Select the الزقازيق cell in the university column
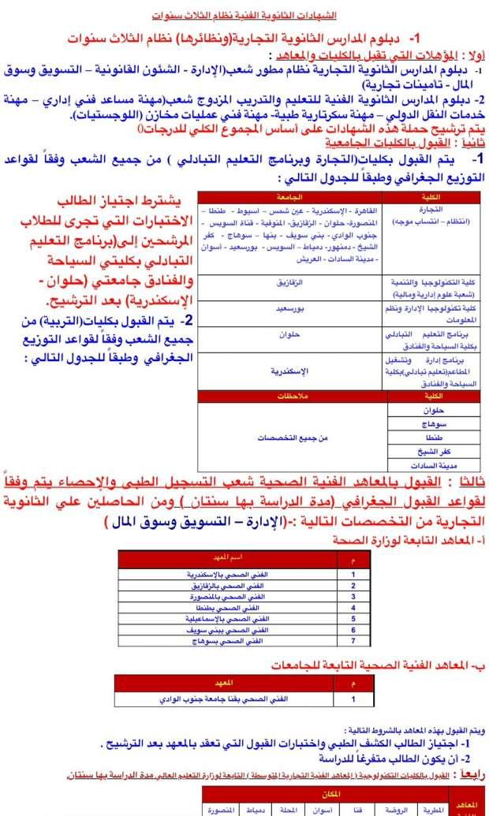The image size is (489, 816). tap(289, 281)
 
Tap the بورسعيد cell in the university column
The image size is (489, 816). tap(289, 310)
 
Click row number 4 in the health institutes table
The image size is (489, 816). tap(353, 609)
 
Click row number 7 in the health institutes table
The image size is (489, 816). tap(353, 643)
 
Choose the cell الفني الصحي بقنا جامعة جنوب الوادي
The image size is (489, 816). tap(234, 699)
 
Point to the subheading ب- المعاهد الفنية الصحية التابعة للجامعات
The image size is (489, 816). tap(362, 665)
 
